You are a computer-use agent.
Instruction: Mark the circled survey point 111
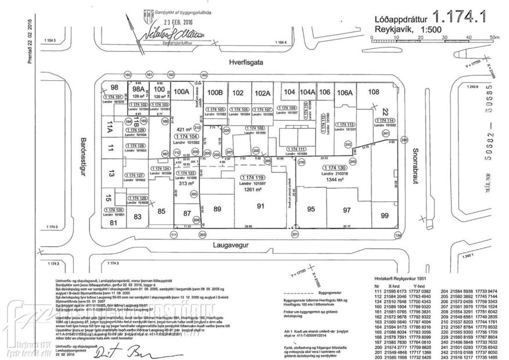pyautogui.click(x=173, y=235)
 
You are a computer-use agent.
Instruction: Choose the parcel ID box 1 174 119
pyautogui.click(x=252, y=177)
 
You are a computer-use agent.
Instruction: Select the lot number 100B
pyautogui.click(x=215, y=92)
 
